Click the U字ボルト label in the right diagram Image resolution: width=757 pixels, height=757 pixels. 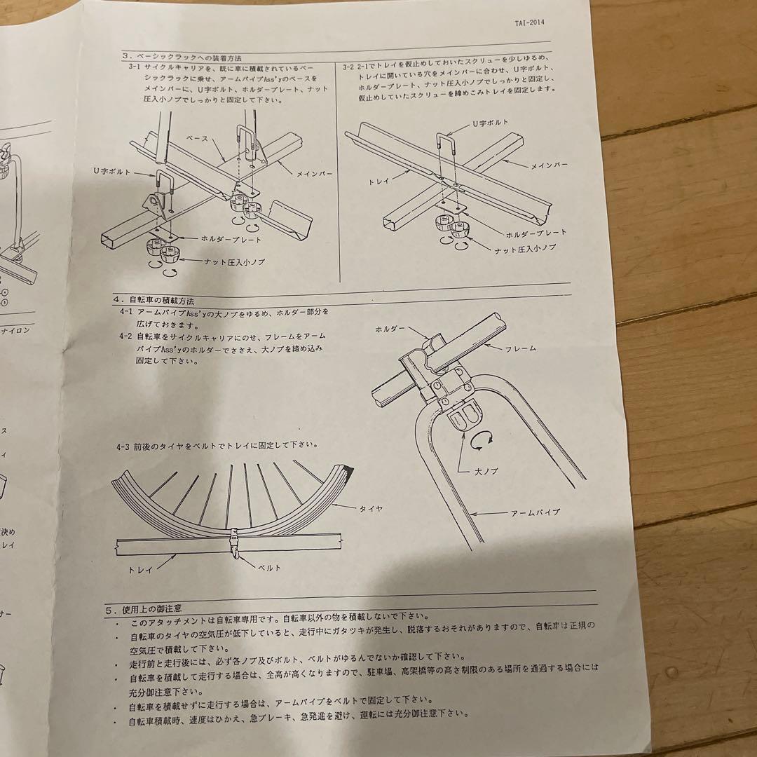pos(488,123)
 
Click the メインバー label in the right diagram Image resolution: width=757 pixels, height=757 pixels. pos(549,165)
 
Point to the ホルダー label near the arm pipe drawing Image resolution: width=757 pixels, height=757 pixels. pos(389,328)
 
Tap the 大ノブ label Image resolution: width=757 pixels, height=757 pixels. pos(484,471)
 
